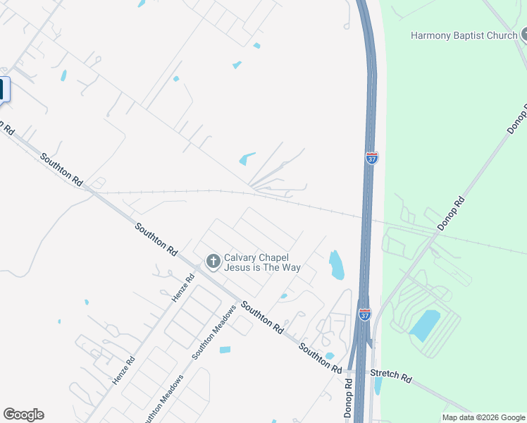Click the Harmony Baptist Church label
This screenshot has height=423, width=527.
464,35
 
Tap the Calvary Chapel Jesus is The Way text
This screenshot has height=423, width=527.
262,262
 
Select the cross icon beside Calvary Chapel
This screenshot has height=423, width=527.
213,262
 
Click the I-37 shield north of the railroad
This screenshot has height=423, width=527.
371,158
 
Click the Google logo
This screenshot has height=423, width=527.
23,415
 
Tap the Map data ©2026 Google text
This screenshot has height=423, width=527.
483,417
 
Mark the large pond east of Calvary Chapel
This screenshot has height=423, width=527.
336,264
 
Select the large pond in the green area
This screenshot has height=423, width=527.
425,325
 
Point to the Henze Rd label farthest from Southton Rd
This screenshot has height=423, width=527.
123,370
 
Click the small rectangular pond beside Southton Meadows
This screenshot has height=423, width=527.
225,350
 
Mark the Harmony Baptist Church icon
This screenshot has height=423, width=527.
525,35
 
